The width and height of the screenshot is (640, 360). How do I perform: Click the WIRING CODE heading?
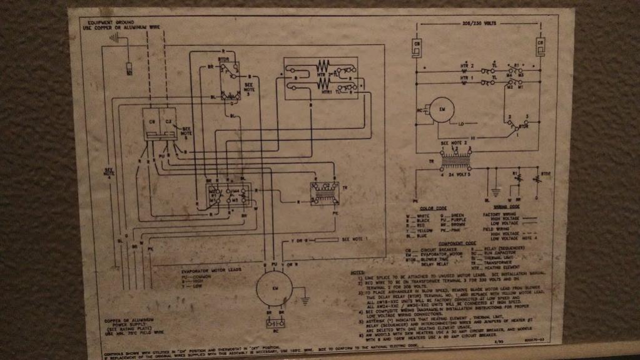[507, 206]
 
